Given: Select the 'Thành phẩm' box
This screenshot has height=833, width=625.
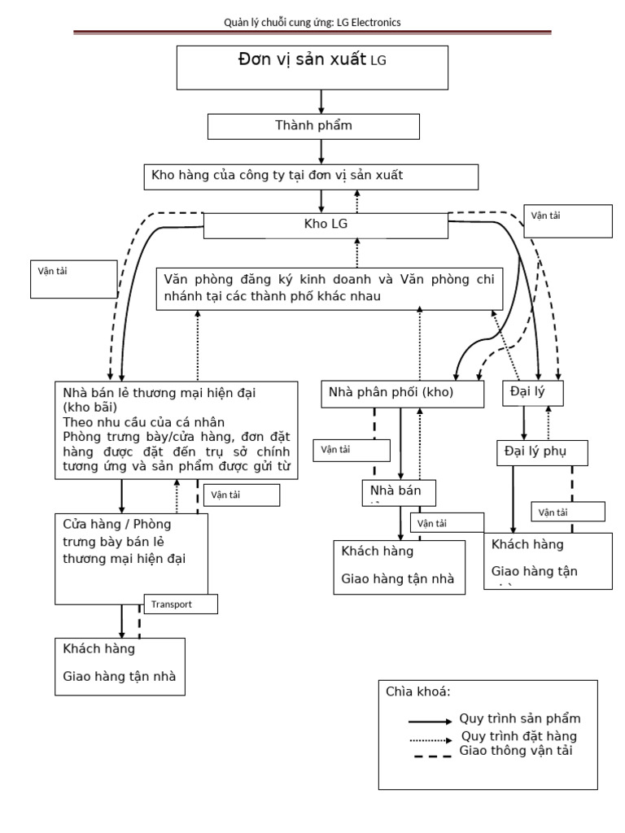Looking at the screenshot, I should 313,126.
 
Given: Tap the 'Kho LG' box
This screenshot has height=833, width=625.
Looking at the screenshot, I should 325,225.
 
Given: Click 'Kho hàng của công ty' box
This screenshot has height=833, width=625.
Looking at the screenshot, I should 310,177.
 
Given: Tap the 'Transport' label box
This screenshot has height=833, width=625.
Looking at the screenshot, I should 181,604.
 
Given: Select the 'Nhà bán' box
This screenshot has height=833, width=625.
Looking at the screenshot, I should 399,492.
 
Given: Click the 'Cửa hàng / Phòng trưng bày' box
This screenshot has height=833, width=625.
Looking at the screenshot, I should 131,557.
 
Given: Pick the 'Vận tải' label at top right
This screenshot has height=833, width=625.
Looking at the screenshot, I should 568,220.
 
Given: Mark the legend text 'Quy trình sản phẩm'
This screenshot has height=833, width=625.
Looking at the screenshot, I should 520,719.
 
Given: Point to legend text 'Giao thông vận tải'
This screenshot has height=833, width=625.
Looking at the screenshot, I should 516,751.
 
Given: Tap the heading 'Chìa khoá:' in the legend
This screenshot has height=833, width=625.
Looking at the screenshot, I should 418,691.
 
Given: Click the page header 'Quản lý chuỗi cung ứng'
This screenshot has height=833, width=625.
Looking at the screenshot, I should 312,23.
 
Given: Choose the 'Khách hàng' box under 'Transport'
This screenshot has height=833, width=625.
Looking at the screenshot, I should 120,665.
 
